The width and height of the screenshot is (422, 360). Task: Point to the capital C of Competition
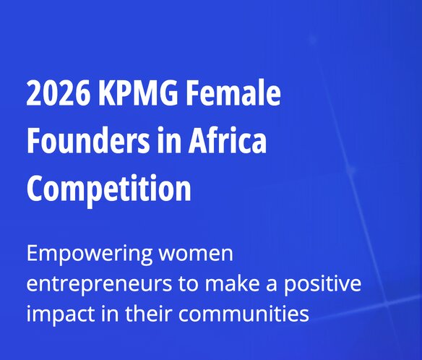point(35,188)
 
